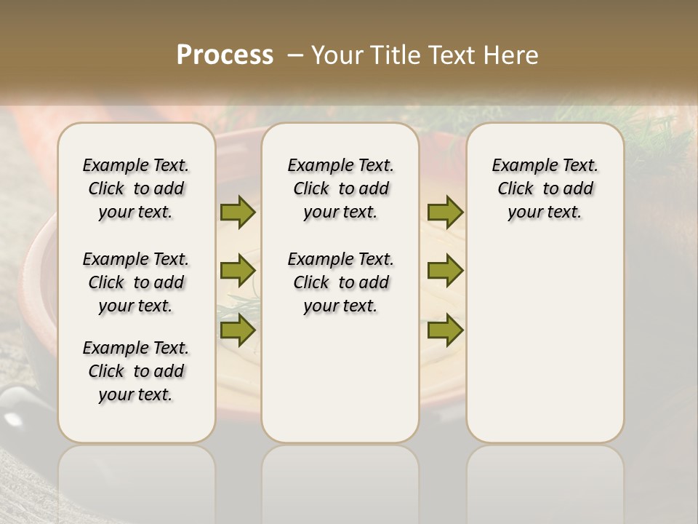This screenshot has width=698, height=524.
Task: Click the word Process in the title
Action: pos(225,55)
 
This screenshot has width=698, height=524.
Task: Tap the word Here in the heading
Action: pos(513,55)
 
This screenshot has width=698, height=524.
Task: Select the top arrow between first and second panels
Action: pos(237,213)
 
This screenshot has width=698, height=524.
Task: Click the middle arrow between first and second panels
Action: pos(237,271)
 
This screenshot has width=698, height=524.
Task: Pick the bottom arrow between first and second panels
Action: pos(237,330)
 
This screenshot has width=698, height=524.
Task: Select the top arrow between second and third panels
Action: pos(445,213)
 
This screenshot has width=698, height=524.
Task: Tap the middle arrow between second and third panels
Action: pos(445,271)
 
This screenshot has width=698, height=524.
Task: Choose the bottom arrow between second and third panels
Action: pos(445,330)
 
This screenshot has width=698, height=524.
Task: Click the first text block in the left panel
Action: pos(136,188)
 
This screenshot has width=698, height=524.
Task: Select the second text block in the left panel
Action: pos(136,282)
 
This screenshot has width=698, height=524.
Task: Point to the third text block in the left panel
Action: pos(136,371)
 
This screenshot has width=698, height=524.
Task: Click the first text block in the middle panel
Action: pos(340,188)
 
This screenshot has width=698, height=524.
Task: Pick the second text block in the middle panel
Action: pos(340,282)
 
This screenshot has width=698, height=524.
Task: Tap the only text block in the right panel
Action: pos(545,188)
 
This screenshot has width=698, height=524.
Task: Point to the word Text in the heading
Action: pos(454,55)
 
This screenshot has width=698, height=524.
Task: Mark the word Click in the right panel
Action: pos(516,189)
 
